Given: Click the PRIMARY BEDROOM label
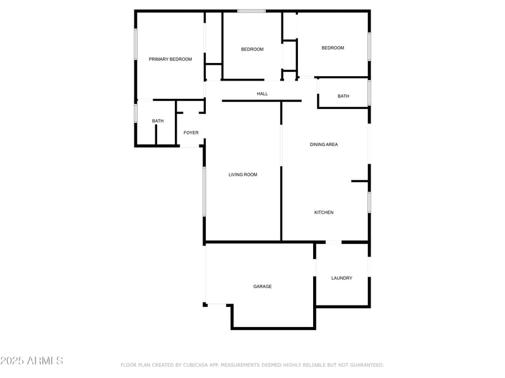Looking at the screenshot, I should (170, 59).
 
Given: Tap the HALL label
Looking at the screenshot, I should (262, 94).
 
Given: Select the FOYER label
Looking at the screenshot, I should (191, 133).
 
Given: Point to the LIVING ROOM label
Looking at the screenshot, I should (243, 175).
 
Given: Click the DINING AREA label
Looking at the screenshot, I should (324, 144).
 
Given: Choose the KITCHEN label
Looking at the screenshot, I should (324, 212).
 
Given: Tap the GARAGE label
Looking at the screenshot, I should (263, 287).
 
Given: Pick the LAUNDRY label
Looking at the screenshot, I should (342, 278).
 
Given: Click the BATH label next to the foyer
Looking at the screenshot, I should (158, 121).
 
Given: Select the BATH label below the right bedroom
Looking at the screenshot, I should (343, 96).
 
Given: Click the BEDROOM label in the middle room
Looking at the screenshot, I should (252, 49).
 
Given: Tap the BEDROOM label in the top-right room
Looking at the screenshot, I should (333, 48).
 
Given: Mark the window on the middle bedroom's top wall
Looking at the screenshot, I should (251, 11).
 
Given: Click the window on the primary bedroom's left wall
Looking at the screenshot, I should (135, 44).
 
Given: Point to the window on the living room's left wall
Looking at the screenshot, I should (204, 192).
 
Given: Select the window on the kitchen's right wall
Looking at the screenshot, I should (369, 202).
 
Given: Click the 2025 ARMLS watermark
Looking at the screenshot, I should (32, 360).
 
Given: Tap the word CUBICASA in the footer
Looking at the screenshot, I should (198, 365).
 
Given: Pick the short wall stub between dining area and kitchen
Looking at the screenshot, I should (360, 181).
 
